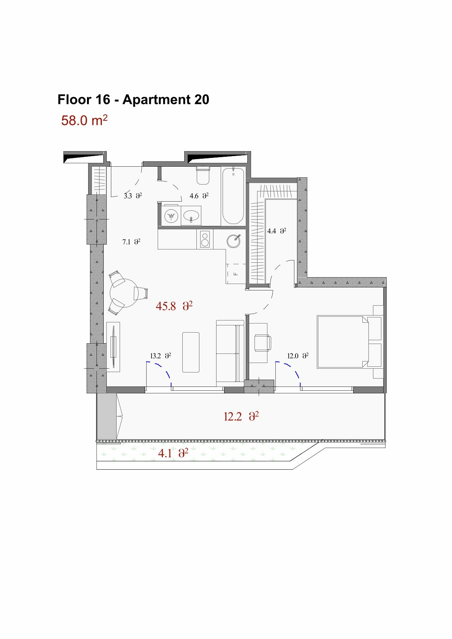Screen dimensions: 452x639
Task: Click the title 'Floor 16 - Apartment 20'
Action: tap(133, 99)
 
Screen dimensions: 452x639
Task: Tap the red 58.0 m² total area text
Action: tap(84, 120)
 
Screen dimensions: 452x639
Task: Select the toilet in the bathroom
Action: tap(203, 175)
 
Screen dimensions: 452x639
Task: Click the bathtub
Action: tap(233, 196)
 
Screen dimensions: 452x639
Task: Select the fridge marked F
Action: tap(236, 274)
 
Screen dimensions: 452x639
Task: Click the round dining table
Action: tap(124, 293)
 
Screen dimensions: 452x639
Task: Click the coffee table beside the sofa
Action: tap(191, 352)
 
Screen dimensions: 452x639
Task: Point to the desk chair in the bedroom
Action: tap(263, 342)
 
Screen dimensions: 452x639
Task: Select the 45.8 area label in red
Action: tap(174, 306)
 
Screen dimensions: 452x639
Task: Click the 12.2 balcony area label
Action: tap(241, 417)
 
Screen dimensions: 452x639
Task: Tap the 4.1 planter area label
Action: tap(173, 453)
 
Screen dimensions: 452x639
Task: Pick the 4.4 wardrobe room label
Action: tap(277, 231)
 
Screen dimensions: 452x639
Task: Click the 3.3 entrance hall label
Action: tap(133, 196)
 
